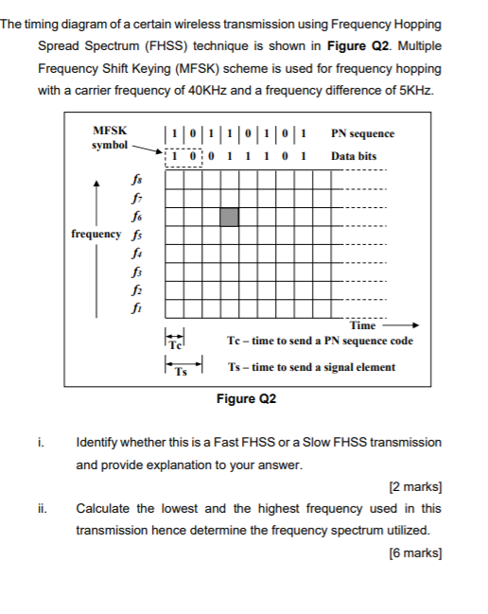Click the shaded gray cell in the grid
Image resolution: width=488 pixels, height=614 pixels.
tap(228, 217)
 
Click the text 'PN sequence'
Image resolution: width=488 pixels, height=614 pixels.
tap(362, 133)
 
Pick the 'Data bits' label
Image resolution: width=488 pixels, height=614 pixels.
tap(354, 155)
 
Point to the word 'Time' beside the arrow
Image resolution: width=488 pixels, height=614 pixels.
tap(363, 325)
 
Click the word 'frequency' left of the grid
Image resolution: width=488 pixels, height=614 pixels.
tap(96, 234)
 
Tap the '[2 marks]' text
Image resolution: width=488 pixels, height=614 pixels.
tap(416, 488)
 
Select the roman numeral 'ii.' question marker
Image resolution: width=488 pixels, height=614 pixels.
tap(43, 508)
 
